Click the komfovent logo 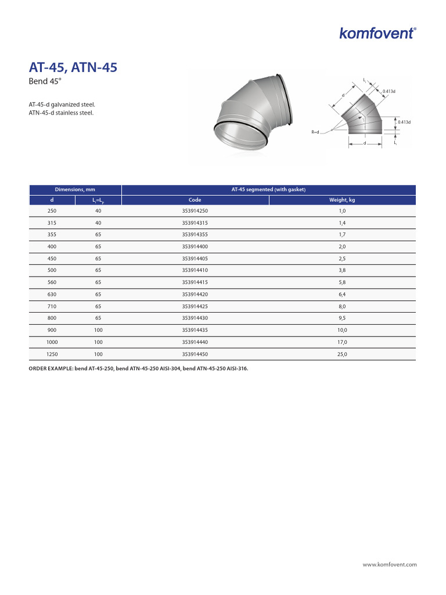[377, 33]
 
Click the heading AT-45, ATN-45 [73, 68]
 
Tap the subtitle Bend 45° [45, 82]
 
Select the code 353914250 [195, 211]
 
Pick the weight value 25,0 [342, 354]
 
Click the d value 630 [52, 295]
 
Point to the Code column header [195, 200]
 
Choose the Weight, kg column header [342, 200]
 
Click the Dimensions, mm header [75, 189]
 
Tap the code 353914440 [195, 342]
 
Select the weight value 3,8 [342, 271]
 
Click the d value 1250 [52, 354]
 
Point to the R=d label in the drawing [315, 132]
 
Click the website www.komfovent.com [390, 564]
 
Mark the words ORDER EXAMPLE [51, 368]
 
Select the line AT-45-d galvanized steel [62, 105]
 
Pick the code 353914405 [195, 259]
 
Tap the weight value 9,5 [342, 318]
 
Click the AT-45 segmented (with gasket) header [268, 189]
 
